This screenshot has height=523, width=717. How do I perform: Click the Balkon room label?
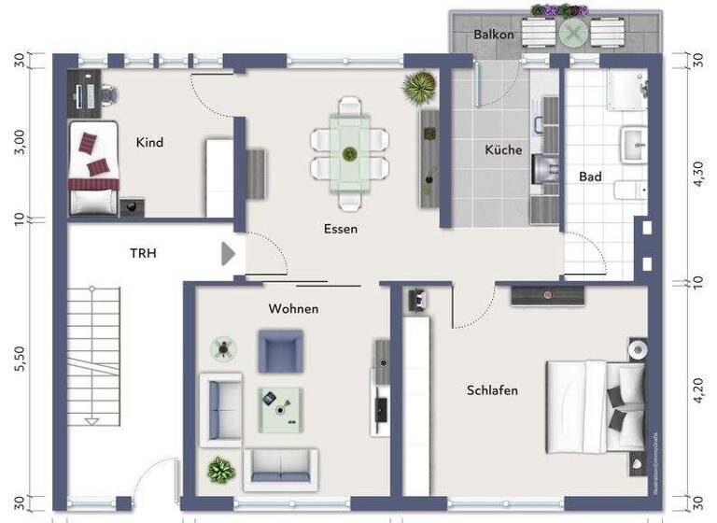point(494,35)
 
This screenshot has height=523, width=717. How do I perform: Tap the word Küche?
point(503,149)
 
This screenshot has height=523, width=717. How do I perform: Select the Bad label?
point(590,177)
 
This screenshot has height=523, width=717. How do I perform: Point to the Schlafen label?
point(492,390)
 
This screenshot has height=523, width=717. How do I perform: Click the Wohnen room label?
point(293,308)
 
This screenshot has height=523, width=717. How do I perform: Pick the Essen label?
point(341,228)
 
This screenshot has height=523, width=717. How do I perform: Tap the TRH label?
point(144,252)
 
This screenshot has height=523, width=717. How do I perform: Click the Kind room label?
point(149,143)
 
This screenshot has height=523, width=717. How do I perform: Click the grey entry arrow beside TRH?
point(228,253)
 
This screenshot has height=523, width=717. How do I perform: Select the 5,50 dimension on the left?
point(20,359)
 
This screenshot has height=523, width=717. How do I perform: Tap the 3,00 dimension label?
point(20,143)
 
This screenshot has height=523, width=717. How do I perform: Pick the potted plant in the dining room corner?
point(419,88)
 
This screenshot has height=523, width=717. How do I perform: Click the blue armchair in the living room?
point(280,351)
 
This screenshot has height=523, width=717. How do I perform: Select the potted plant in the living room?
point(221,469)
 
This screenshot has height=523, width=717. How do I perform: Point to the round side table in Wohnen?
point(223,349)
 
